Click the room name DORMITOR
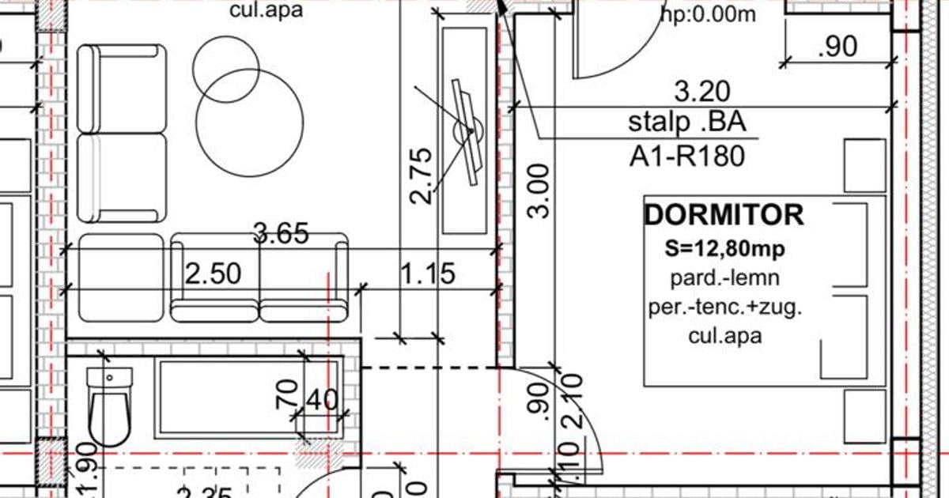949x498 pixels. tap(724, 215)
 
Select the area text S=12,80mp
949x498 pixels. tap(724, 250)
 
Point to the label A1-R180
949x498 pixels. tap(686, 157)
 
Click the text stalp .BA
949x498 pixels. tap(686, 123)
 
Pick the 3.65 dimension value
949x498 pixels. tap(281, 234)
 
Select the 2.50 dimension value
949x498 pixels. tap(212, 274)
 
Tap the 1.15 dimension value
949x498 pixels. tap(427, 274)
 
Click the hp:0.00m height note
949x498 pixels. tap(708, 13)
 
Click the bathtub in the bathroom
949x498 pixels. tap(249, 397)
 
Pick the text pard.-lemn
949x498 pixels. tap(724, 278)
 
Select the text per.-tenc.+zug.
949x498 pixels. tap(724, 307)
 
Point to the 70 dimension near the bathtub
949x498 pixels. tap(287, 394)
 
